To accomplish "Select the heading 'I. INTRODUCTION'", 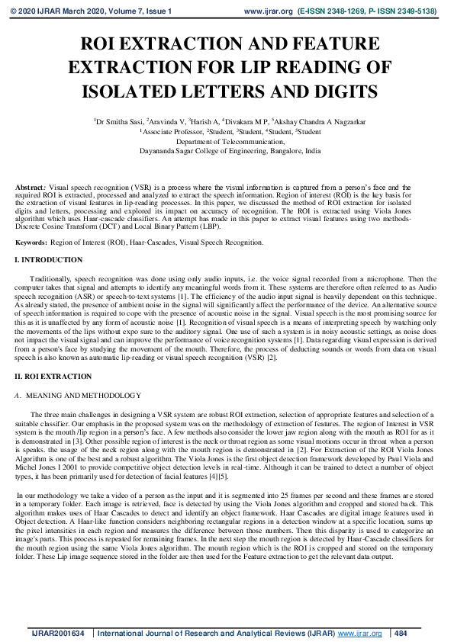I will (x=49, y=261).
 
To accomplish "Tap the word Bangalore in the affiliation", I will (x=282, y=152).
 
